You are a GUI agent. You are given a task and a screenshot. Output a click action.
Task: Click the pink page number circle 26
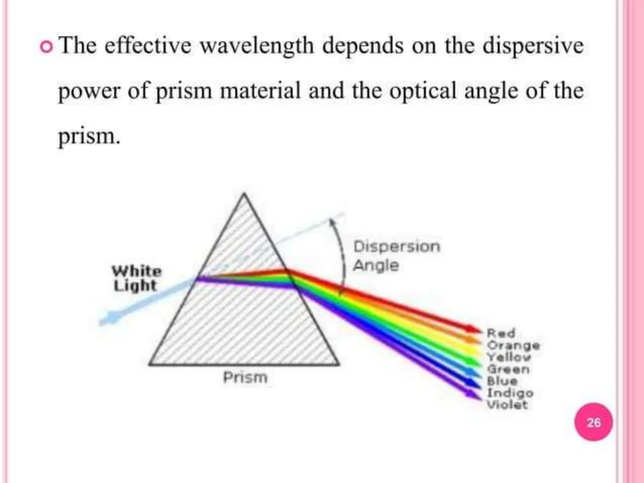(593, 422)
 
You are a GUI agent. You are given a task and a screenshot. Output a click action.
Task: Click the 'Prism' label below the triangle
(245, 377)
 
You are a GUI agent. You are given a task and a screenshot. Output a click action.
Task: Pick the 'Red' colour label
(501, 333)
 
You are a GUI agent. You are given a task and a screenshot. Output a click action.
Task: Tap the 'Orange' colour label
(513, 345)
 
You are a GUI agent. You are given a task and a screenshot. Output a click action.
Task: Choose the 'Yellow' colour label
(509, 357)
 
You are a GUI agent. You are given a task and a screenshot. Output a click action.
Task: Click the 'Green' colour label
(508, 369)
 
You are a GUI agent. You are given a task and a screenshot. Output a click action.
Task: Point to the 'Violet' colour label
(507, 405)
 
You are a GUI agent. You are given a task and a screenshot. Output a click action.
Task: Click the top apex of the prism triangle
(244, 194)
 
